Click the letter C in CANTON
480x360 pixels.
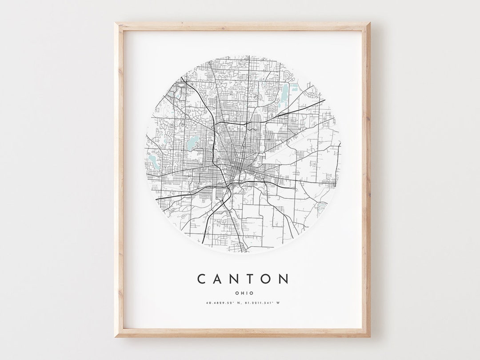(202, 279)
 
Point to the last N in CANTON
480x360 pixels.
(284, 279)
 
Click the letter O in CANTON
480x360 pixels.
(268, 279)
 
